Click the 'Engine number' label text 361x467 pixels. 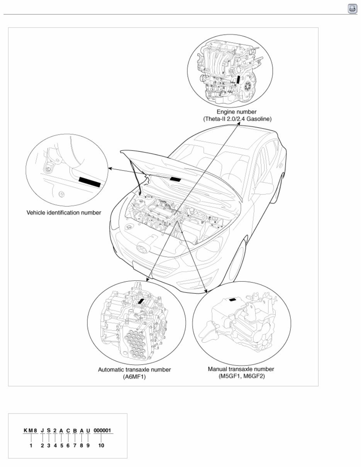click(236, 112)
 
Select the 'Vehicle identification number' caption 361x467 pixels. click(64, 212)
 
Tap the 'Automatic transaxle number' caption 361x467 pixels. click(134, 369)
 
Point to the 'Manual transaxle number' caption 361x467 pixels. click(241, 369)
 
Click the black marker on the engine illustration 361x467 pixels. click(239, 80)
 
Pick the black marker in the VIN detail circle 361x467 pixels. click(89, 182)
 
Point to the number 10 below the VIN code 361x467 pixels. click(101, 445)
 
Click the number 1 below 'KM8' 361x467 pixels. click(31, 445)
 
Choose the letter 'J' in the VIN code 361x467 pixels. click(42, 430)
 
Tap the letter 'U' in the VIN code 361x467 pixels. click(88, 430)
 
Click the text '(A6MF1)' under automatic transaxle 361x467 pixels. click(134, 377)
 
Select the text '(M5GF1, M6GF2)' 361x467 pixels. click(241, 376)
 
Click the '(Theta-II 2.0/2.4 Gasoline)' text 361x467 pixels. click(237, 119)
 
